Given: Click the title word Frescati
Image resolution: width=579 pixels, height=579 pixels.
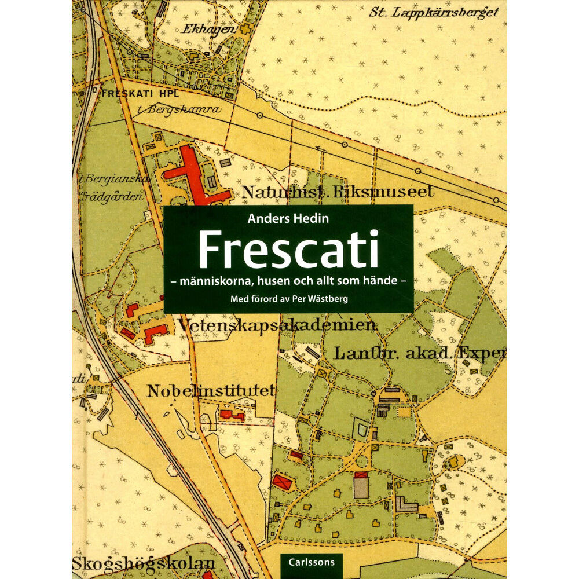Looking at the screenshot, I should [x=288, y=249].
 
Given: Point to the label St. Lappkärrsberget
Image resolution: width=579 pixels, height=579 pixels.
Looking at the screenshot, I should [x=434, y=12].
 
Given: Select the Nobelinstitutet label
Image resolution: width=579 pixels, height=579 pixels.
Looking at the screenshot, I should [x=210, y=391].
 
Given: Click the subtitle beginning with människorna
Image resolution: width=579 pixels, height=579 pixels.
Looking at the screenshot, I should [x=288, y=282].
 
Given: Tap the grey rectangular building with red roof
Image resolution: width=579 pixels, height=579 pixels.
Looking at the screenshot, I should [x=361, y=484].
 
